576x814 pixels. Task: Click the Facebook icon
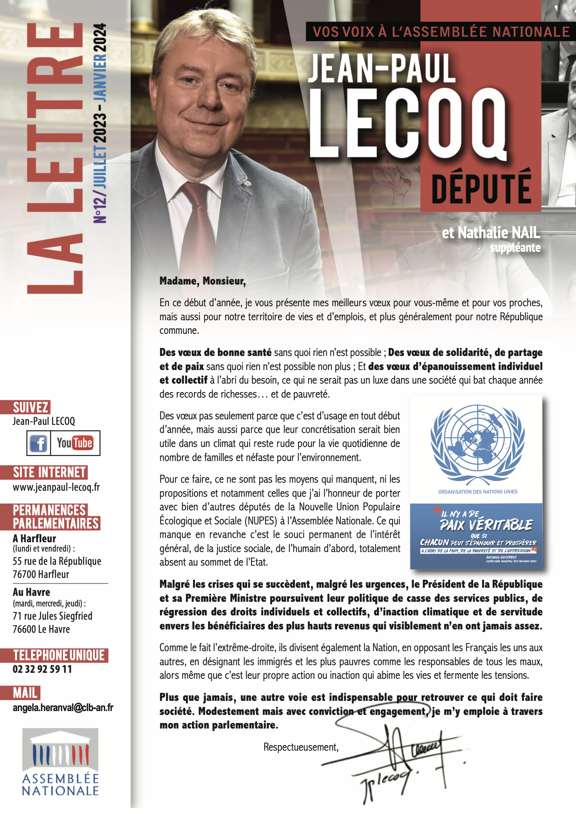point(39,443)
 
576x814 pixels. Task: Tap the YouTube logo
point(75,443)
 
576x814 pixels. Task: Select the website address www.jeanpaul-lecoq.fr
point(56,487)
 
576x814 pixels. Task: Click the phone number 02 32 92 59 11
point(43,669)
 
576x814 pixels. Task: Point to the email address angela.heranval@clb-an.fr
point(63,708)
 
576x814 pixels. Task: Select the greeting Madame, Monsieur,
point(202,281)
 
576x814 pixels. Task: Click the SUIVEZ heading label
point(30,407)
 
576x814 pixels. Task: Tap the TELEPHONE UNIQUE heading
point(59,655)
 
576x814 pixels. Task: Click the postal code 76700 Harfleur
point(41,575)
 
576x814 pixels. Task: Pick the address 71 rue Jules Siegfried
point(52,616)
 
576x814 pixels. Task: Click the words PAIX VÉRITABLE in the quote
point(486,525)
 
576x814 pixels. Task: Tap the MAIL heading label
point(25,693)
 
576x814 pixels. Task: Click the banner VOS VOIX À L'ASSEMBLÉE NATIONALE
point(441,32)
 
